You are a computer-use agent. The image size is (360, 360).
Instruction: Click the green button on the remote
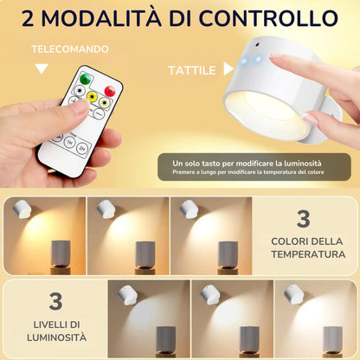(86, 78)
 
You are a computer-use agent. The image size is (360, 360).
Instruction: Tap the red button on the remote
(110, 91)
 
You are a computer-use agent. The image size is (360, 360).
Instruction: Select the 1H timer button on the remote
(69, 142)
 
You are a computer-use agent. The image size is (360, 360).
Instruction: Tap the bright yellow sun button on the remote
(92, 96)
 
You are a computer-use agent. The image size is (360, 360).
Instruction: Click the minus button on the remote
(99, 113)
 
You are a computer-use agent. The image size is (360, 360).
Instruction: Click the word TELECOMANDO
(70, 49)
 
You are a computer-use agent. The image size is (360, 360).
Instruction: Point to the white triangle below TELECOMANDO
(42, 68)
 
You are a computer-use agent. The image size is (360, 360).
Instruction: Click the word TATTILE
(192, 71)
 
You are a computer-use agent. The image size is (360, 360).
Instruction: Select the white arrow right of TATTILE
(228, 69)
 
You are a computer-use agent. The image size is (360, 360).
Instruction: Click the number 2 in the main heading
(28, 18)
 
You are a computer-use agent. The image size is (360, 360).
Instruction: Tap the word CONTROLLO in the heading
(268, 18)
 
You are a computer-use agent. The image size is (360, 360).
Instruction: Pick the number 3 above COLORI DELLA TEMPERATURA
(304, 219)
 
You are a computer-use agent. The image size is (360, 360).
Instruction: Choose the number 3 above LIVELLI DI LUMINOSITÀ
(55, 301)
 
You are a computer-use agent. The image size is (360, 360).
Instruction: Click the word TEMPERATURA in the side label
(308, 254)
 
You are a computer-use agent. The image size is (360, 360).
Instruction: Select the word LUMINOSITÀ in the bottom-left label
(56, 337)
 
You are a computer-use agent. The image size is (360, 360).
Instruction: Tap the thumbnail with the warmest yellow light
(45, 235)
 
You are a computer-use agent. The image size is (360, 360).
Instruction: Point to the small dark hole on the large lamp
(257, 45)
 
